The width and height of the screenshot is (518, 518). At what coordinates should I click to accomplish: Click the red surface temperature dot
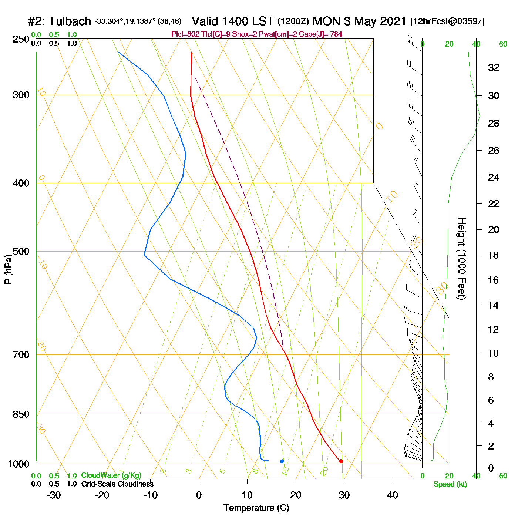coord(341,461)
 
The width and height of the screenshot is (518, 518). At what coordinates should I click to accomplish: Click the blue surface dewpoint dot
coord(282,461)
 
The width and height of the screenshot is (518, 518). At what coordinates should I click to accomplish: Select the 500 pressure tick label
coord(21,252)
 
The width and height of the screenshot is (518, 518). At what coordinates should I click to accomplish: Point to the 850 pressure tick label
coord(21,414)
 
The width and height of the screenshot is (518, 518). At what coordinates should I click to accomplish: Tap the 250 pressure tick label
coord(21,39)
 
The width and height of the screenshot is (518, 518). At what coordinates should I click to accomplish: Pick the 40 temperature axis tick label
coord(393,495)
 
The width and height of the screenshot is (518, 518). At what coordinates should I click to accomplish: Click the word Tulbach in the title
coord(70,21)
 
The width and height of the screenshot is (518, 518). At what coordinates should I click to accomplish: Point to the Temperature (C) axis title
coord(256,508)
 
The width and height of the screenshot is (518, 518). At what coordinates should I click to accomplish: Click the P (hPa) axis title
coord(8,269)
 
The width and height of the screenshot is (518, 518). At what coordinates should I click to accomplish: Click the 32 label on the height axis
coord(494,67)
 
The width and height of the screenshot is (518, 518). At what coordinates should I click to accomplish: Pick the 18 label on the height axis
coord(494,255)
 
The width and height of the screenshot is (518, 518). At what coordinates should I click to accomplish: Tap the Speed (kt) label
coord(450,484)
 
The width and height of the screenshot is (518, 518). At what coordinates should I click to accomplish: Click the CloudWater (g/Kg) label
coord(111,475)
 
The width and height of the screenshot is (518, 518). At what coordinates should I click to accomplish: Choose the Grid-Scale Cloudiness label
coord(117,484)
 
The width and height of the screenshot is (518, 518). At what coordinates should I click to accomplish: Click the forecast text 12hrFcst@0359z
coord(447,21)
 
